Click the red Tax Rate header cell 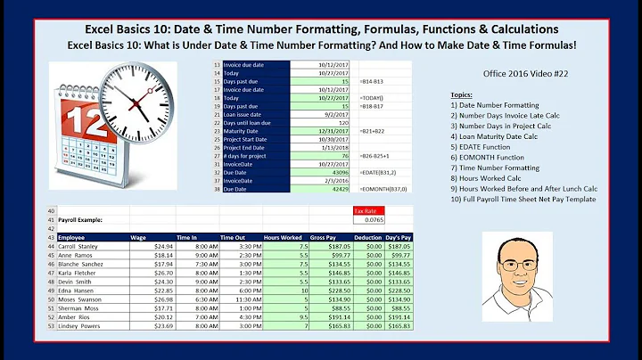pyautogui.click(x=369, y=210)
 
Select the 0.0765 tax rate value pyautogui.click(x=369, y=219)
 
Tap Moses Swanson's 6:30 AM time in pyautogui.click(x=204, y=299)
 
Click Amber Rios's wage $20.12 pyautogui.click(x=163, y=317)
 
